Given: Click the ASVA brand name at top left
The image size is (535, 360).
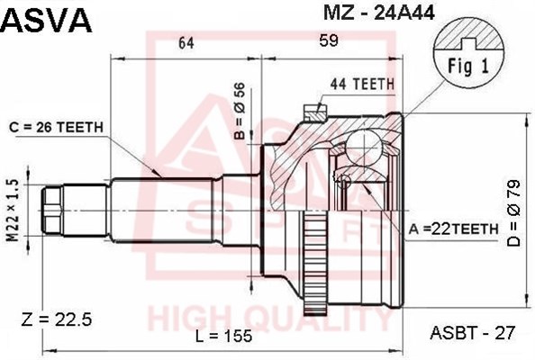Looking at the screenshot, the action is tap(47, 20).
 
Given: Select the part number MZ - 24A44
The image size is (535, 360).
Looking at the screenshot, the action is tap(379, 13).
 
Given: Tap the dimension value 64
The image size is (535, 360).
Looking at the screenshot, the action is tap(186, 43).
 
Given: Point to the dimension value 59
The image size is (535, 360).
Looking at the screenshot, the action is tap(329, 40).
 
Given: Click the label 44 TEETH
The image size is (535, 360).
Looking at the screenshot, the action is tap(362, 84).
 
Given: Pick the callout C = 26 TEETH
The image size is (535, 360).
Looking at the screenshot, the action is tap(57, 127).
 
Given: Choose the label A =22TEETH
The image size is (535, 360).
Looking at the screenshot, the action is tap(454, 229).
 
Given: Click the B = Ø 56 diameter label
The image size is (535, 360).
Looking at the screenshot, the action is tap(240, 111).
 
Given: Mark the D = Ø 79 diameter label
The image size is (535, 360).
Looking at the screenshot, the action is tap(513, 213).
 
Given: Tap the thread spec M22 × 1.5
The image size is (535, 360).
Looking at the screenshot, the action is tap(13, 211).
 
